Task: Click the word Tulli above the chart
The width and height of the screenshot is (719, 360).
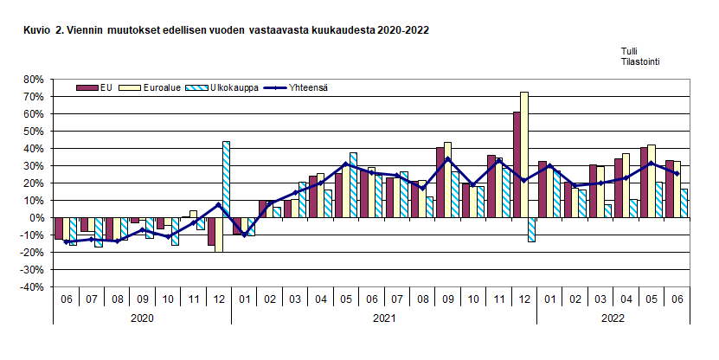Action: coord(630,52)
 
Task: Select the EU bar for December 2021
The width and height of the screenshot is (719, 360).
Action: coord(517,164)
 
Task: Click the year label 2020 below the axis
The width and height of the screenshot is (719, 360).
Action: coord(142,319)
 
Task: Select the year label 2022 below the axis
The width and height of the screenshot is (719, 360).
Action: coord(613,319)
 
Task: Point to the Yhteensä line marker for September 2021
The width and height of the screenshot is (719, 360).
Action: coord(446,158)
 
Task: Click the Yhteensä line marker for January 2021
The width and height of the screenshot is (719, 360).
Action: coord(245,235)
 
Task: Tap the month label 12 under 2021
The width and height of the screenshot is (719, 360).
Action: coord(523,299)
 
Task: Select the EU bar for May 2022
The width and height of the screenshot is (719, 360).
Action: coord(644,182)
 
